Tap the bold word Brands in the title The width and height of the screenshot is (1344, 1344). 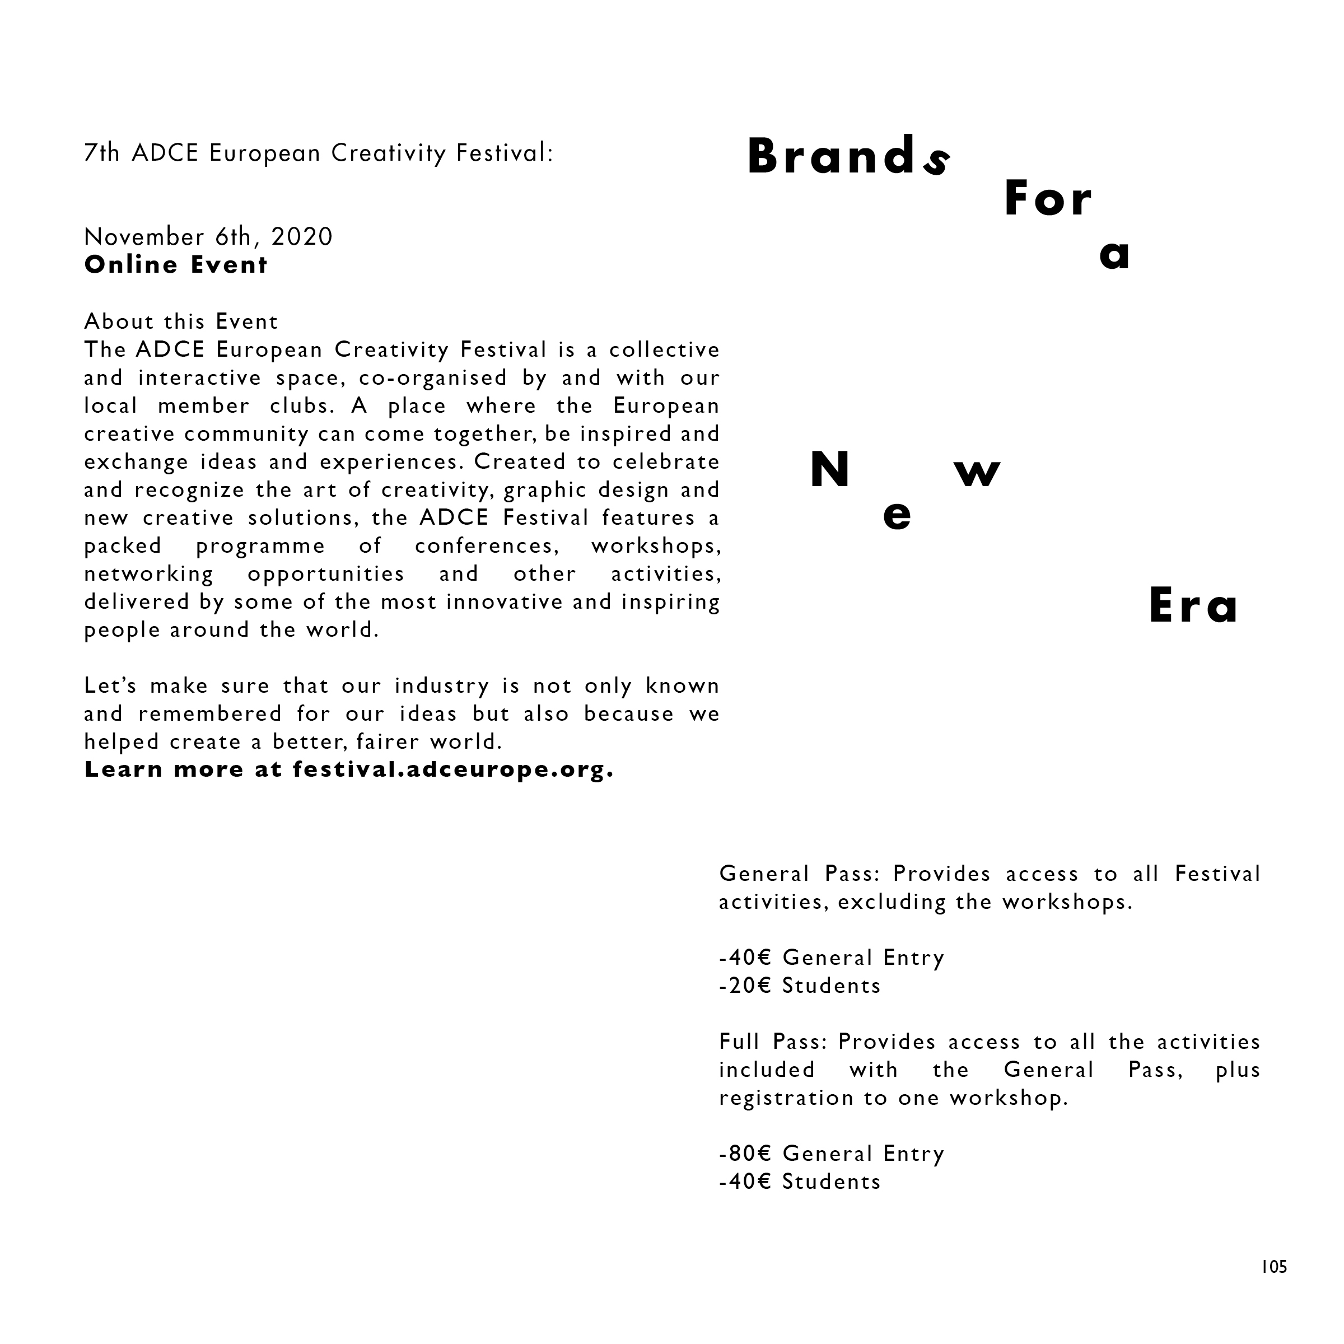click(847, 157)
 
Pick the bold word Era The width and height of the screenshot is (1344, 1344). click(1193, 606)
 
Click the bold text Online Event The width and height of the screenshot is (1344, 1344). click(175, 265)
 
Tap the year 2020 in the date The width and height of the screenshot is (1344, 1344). click(302, 237)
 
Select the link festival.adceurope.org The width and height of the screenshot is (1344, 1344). click(453, 769)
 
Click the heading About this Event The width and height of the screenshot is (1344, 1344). click(181, 321)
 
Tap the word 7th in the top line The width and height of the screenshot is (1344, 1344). click(101, 153)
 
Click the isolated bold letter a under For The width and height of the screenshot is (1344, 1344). click(1114, 255)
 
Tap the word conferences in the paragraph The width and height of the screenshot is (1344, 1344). click(487, 545)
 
